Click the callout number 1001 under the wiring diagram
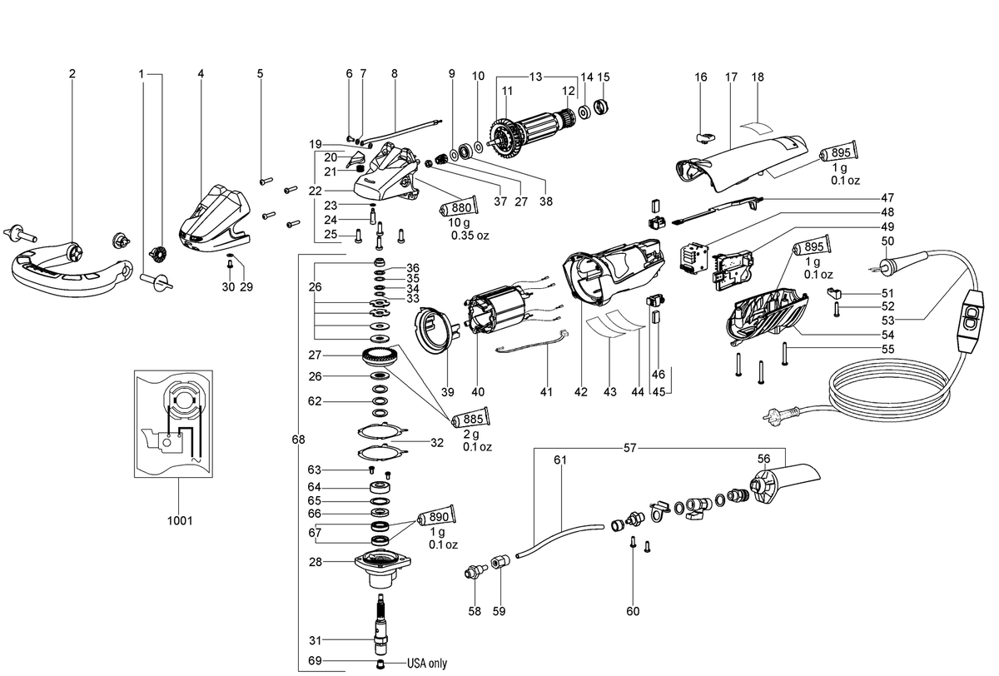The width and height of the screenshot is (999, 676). point(180,520)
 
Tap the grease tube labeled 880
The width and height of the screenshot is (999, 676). point(459,207)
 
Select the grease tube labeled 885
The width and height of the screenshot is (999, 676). point(471,418)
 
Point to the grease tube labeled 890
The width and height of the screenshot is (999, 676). point(436,516)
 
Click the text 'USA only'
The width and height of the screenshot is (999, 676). point(427,664)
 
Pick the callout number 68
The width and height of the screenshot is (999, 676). point(298,440)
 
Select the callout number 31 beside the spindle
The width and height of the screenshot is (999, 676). point(315,640)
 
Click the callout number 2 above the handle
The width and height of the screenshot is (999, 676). point(72,73)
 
